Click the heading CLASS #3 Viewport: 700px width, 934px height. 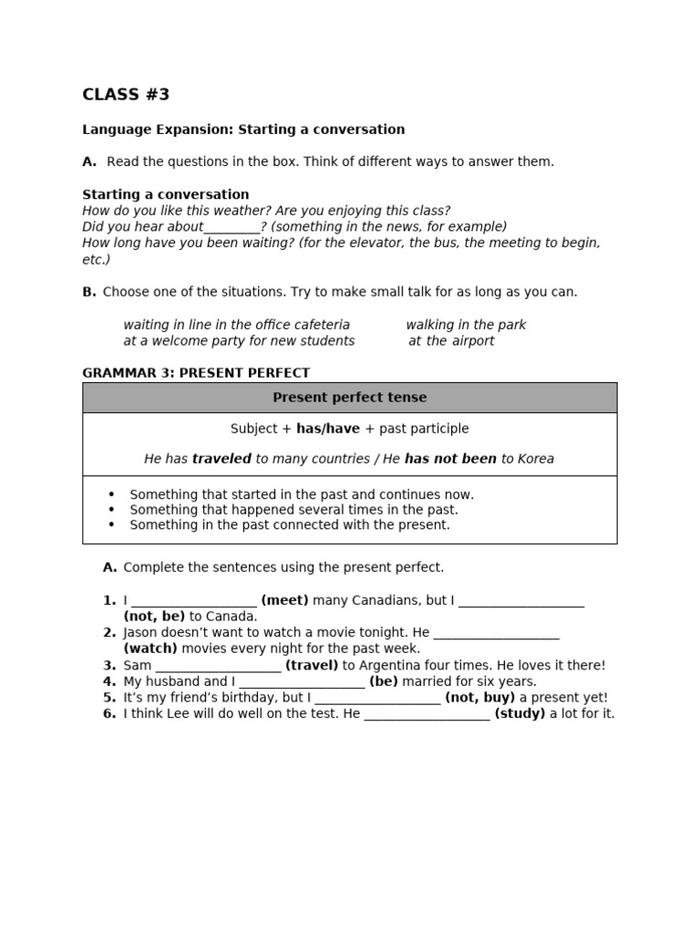[126, 95]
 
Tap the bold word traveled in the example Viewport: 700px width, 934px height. [221, 459]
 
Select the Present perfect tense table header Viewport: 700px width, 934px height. [349, 398]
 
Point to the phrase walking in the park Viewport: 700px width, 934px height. [466, 325]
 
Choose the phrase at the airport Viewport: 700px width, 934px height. [451, 341]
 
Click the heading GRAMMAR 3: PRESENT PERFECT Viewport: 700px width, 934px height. [196, 373]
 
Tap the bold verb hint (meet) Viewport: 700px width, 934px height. [284, 600]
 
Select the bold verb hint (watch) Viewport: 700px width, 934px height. [151, 649]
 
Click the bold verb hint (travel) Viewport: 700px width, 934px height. [312, 666]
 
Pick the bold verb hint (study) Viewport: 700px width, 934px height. [520, 713]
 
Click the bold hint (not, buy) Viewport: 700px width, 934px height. [480, 698]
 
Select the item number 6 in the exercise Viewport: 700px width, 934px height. [108, 713]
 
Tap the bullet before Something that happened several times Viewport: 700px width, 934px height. [111, 510]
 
